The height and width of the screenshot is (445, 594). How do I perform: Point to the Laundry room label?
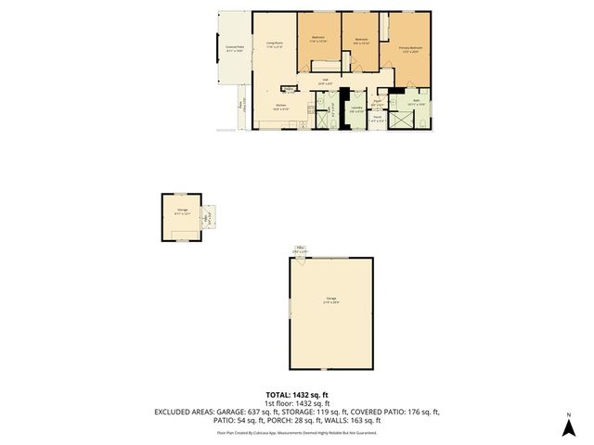click(356, 108)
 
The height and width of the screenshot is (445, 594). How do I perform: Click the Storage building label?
click(182, 212)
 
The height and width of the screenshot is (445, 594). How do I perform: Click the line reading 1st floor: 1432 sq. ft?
click(297, 404)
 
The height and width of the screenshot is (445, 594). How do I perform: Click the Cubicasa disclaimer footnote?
click(297, 433)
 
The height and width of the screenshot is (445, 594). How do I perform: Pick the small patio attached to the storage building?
click(210, 217)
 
